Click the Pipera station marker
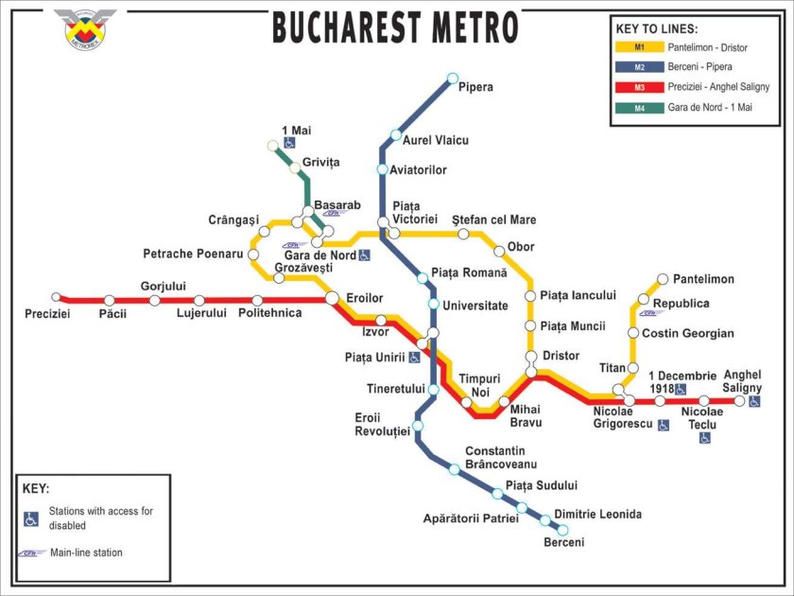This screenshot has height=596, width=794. pyautogui.click(x=453, y=79)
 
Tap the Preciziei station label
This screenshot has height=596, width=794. pyautogui.click(x=47, y=313)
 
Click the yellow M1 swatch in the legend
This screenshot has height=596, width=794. pyautogui.click(x=639, y=46)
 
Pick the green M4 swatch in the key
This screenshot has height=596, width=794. pyautogui.click(x=639, y=107)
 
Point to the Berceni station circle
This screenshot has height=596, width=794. pyautogui.click(x=562, y=530)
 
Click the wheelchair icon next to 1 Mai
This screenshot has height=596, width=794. pyautogui.click(x=288, y=143)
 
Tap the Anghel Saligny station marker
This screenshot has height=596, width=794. pyautogui.click(x=739, y=401)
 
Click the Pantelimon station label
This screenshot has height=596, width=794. pyautogui.click(x=703, y=279)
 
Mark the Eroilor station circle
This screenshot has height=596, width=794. pyautogui.click(x=332, y=298)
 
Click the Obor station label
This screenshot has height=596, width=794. pyautogui.click(x=521, y=247)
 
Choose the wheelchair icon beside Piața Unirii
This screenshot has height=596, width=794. pyautogui.click(x=414, y=357)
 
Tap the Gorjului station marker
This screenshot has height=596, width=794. pyautogui.click(x=154, y=301)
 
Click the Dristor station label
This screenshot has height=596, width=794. pyautogui.click(x=560, y=355)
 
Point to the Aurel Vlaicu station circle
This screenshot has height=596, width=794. pyautogui.click(x=396, y=134)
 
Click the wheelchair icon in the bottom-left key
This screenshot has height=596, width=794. pyautogui.click(x=31, y=518)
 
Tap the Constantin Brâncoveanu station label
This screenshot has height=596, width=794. pyautogui.click(x=501, y=458)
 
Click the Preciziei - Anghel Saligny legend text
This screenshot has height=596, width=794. pyautogui.click(x=717, y=87)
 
